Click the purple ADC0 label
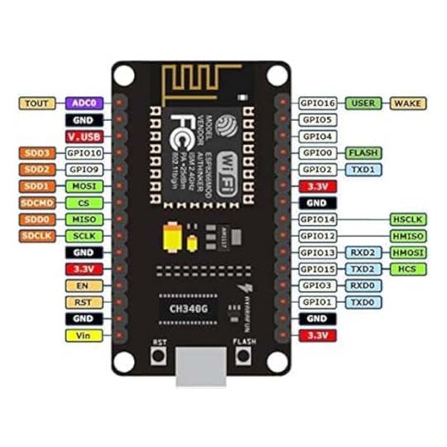(x=84, y=103)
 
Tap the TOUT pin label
(x=37, y=103)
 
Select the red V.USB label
(x=84, y=137)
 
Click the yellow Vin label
(x=84, y=335)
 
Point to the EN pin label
(x=84, y=286)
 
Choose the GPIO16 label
(x=318, y=103)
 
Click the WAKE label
(x=408, y=103)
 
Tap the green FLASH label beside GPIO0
(x=363, y=153)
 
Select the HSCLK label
(x=408, y=219)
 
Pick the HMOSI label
(x=408, y=252)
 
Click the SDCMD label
(x=37, y=203)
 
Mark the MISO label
(x=84, y=219)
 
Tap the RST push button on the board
(x=155, y=355)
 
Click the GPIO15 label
(x=318, y=269)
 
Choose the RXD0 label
(x=363, y=286)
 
